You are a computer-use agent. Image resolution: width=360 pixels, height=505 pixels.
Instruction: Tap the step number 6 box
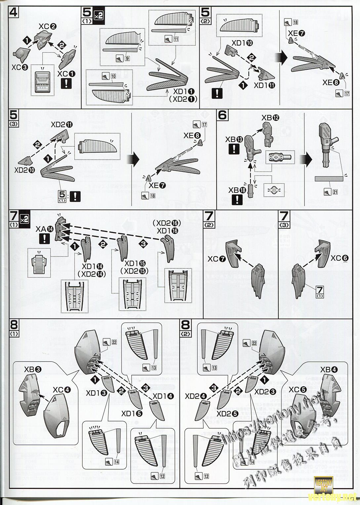(223, 115)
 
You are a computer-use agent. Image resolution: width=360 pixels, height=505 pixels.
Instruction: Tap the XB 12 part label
(270, 118)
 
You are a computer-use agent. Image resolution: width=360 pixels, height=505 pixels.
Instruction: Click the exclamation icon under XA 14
(44, 239)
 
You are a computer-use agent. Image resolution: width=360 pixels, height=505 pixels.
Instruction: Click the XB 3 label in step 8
(32, 369)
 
